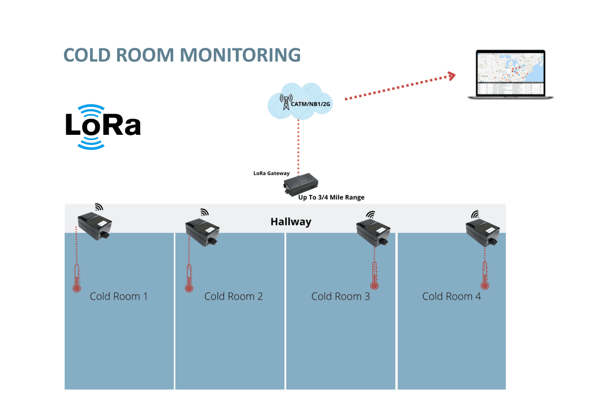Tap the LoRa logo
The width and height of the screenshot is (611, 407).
[103, 126]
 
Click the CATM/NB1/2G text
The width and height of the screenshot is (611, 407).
[310, 104]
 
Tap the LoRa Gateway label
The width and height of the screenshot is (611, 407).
[271, 173]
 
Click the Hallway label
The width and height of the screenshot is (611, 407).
[291, 222]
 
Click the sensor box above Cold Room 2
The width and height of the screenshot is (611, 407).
[203, 230]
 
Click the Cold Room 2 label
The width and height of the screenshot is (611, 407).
[233, 296]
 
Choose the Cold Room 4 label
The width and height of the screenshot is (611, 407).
[451, 296]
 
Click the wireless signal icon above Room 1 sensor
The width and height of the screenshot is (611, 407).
[99, 207]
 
